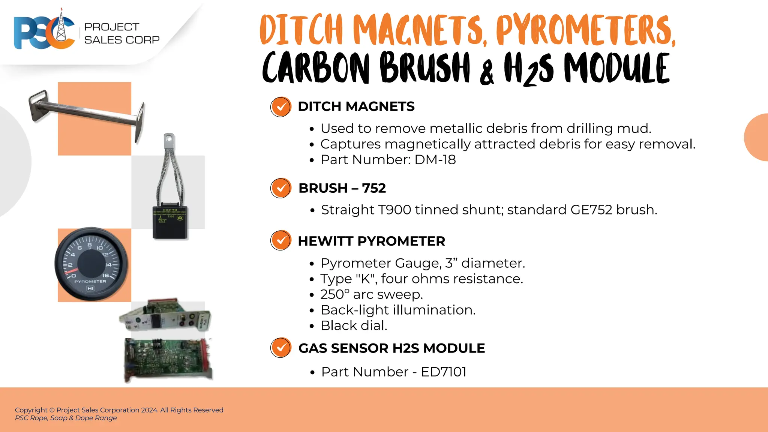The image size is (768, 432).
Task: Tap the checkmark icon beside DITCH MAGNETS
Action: [280, 107]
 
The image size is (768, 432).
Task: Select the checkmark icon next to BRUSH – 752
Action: [280, 188]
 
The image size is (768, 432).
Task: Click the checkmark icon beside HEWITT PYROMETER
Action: [280, 240]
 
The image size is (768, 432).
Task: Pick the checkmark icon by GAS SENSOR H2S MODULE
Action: [280, 348]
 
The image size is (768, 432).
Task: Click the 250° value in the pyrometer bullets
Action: [335, 294]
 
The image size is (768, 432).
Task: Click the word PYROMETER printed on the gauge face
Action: [90, 281]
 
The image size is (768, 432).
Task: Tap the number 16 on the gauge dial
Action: [106, 275]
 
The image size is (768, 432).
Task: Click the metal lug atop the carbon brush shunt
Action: [169, 140]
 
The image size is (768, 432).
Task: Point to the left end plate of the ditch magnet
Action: [39, 106]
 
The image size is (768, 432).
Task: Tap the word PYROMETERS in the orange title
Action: [585, 30]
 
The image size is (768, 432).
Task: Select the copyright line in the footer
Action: [119, 410]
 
